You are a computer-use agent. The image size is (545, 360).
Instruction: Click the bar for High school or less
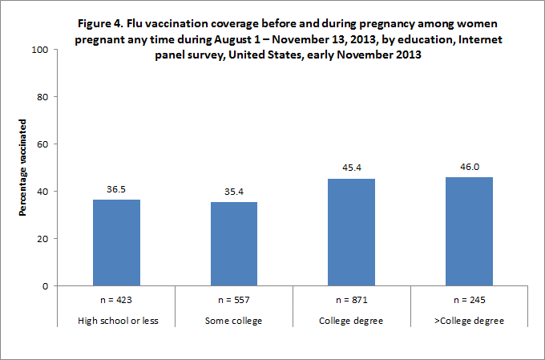pos(116,243)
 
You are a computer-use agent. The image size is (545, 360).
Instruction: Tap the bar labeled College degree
pos(351,233)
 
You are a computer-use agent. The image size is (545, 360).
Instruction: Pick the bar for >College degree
pos(469,232)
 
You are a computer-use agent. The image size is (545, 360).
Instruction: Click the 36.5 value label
pos(116,191)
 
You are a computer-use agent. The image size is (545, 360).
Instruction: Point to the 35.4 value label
pos(234,193)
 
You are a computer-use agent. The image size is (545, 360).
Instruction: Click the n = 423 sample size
pos(116,301)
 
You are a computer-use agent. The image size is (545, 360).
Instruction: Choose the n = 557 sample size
pos(234,301)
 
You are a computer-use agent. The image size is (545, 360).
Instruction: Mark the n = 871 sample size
pos(351,301)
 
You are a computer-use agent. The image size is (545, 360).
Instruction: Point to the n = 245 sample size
pos(469,301)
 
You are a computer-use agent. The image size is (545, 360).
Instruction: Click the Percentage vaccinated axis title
pos(24,168)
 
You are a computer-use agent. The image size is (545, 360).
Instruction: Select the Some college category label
pos(234,322)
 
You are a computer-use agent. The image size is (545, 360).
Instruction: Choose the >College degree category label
pos(469,322)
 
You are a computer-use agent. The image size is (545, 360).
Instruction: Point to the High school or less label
pos(116,322)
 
